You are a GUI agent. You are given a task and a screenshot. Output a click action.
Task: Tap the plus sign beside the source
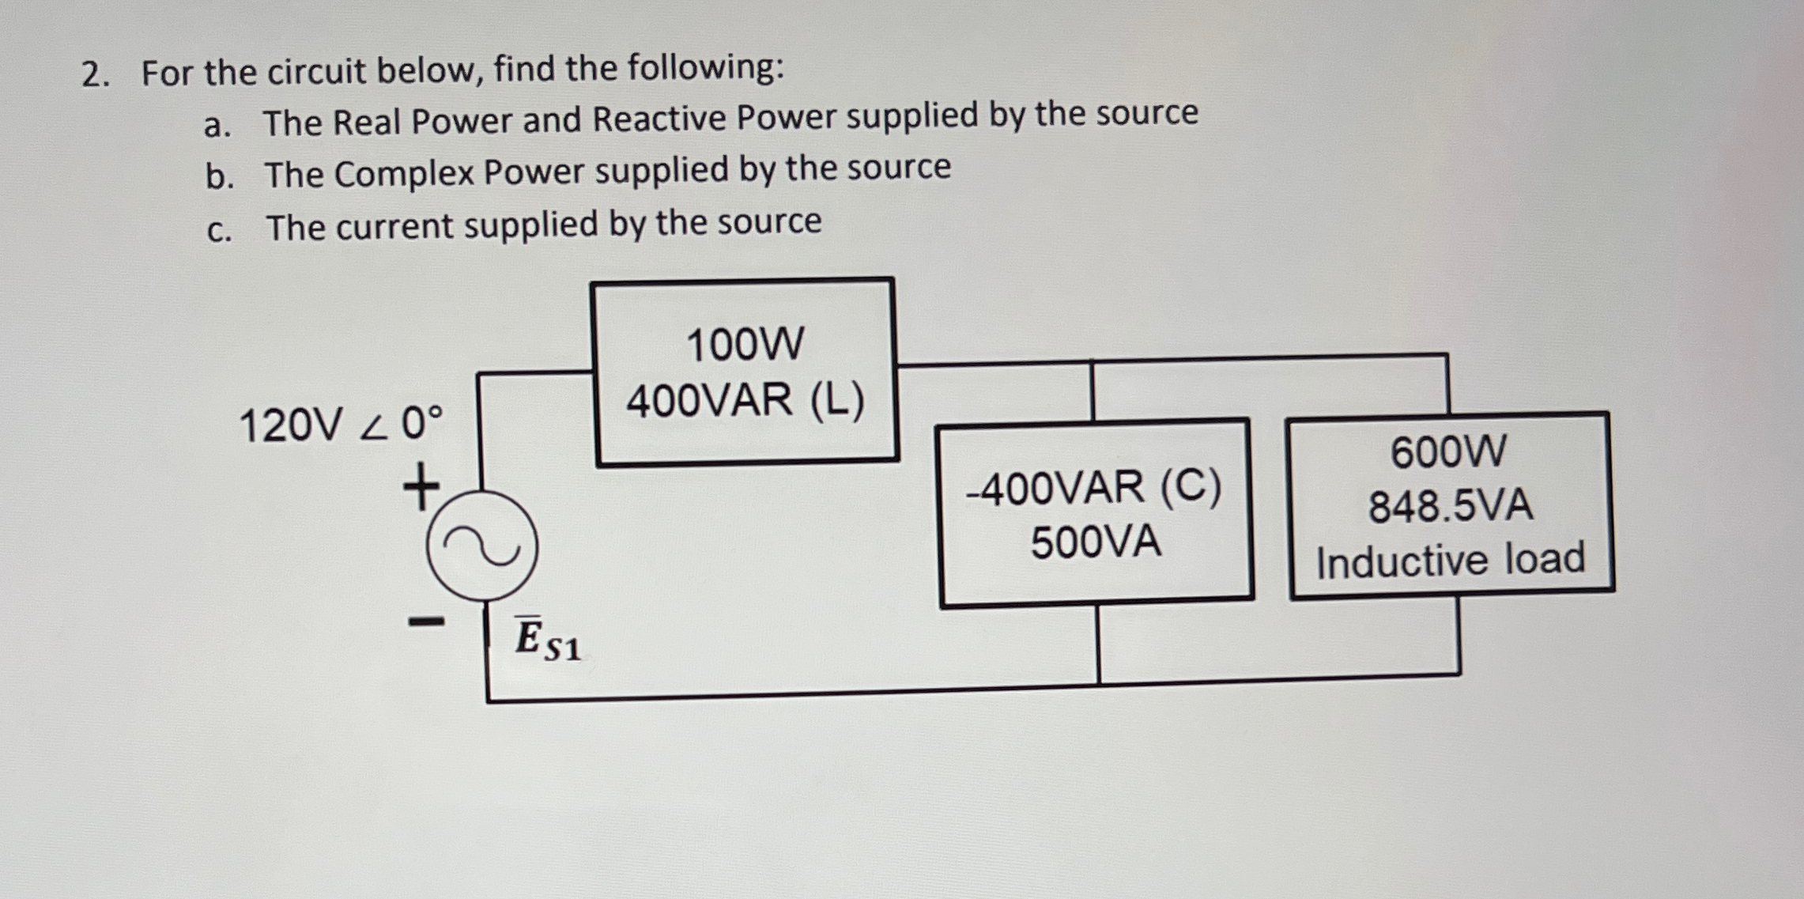(421, 487)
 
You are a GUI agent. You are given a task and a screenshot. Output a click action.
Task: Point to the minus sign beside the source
(426, 622)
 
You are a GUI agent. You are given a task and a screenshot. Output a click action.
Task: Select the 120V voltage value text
(291, 425)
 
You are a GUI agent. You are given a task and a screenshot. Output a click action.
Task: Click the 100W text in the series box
(745, 346)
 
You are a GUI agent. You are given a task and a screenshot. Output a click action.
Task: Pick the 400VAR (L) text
(745, 400)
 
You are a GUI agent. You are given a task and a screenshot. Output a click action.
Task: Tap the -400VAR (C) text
(1093, 488)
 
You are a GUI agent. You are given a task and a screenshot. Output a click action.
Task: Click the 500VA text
(1096, 542)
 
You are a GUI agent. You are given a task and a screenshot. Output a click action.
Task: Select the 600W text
(1448, 452)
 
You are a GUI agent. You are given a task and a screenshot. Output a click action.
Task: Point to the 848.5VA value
(1451, 506)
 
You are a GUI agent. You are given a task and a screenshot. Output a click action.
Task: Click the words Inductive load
(1451, 560)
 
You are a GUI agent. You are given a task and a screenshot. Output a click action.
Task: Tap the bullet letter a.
(217, 126)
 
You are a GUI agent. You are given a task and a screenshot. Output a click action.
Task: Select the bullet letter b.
(219, 177)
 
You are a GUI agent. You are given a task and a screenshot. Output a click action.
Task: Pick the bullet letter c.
(218, 231)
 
